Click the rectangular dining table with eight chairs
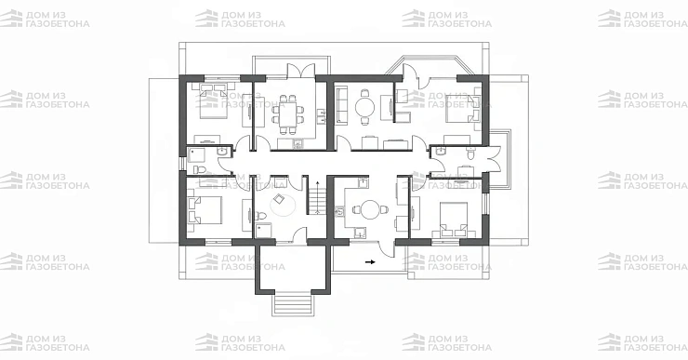click(x=287, y=113)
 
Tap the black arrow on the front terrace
click(x=370, y=262)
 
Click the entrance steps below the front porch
click(x=293, y=303)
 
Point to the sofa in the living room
click(x=342, y=104)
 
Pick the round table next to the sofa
click(x=364, y=106)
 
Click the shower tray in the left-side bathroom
click(x=196, y=155)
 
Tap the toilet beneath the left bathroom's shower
click(x=200, y=169)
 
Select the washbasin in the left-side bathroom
click(x=222, y=152)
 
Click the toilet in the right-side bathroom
click(x=470, y=154)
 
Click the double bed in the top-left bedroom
click(x=213, y=101)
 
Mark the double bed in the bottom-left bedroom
click(x=205, y=210)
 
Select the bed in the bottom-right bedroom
click(x=454, y=219)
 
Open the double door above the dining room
click(x=301, y=71)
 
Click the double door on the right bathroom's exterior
click(x=495, y=159)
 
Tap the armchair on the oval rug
click(x=279, y=199)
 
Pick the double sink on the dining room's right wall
click(x=322, y=116)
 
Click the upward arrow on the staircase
click(x=317, y=196)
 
